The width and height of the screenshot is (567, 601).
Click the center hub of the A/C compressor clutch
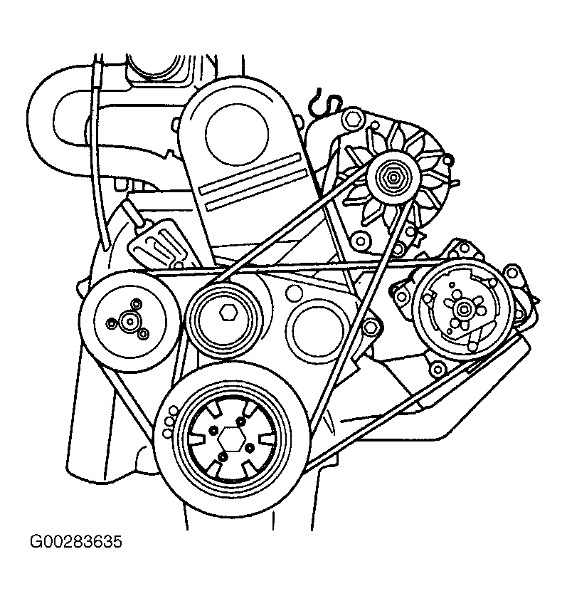point(462,308)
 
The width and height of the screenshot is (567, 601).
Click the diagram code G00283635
point(75,542)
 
